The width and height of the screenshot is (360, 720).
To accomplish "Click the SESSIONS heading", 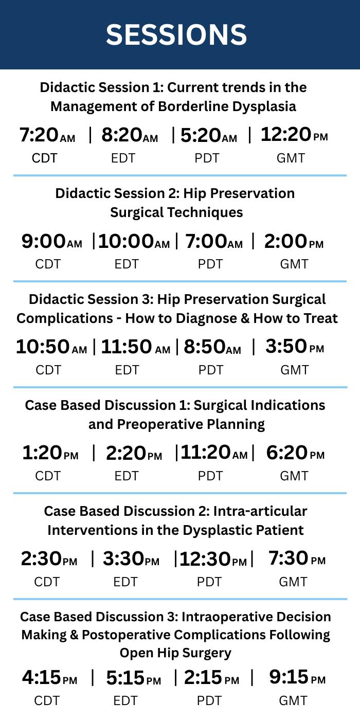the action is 176,35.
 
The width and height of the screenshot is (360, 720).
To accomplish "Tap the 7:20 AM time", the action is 47,135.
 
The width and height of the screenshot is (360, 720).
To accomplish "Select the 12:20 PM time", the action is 294,134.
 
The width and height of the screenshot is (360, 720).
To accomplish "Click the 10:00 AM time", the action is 134,241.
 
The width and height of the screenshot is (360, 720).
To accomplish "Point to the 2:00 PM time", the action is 294,241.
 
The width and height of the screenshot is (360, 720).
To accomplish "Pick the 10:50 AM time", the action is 51,347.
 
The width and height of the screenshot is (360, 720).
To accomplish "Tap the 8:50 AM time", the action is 212,347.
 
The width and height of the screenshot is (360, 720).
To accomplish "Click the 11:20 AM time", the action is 214,453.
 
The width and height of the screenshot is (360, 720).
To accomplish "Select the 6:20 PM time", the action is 295,453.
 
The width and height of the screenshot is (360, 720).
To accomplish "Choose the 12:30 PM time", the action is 213,559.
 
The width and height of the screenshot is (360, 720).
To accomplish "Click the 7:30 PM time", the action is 297,559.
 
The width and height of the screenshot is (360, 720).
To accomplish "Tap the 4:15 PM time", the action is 49,678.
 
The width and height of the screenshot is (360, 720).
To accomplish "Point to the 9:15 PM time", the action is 297,677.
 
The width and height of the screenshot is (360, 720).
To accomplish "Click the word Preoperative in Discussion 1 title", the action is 160,425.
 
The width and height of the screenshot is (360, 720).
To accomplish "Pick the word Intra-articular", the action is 260,511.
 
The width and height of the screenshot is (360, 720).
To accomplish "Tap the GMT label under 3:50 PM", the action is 294,370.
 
